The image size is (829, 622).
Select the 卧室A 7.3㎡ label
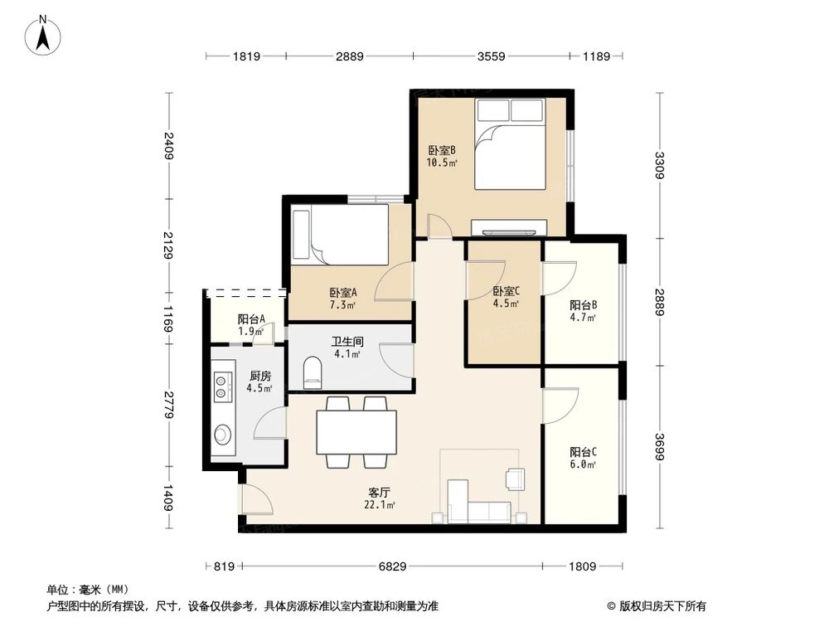[342, 298]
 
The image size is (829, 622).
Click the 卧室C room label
[506, 297]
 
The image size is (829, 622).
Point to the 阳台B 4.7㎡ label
[583, 309]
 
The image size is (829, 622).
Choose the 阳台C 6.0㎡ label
[583, 458]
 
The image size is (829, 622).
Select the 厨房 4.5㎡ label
[259, 381]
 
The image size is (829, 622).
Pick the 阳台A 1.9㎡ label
[250, 324]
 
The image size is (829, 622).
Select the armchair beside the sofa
[515, 479]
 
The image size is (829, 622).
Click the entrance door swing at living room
[255, 501]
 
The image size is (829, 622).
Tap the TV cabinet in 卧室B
[510, 226]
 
